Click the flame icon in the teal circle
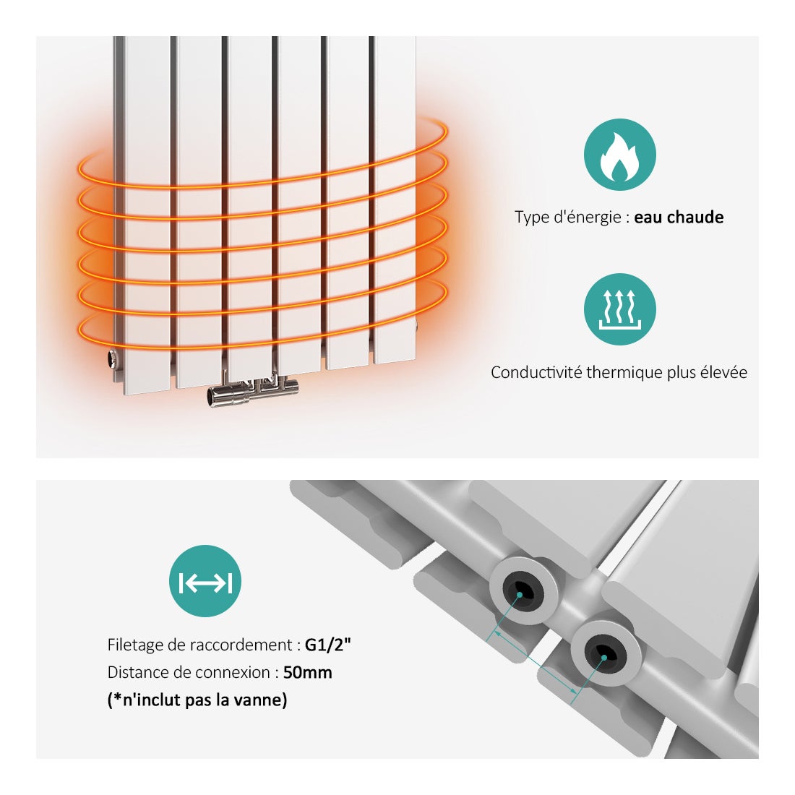pyautogui.click(x=619, y=155)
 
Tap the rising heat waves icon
pyautogui.click(x=619, y=309)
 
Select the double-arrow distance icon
pyautogui.click(x=205, y=581)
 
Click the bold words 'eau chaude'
pyautogui.click(x=679, y=218)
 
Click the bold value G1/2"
pyautogui.click(x=327, y=645)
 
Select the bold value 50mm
pyautogui.click(x=307, y=672)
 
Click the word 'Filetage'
pyautogui.click(x=135, y=645)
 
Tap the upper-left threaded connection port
pyautogui.click(x=523, y=590)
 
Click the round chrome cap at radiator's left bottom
pyautogui.click(x=112, y=358)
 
